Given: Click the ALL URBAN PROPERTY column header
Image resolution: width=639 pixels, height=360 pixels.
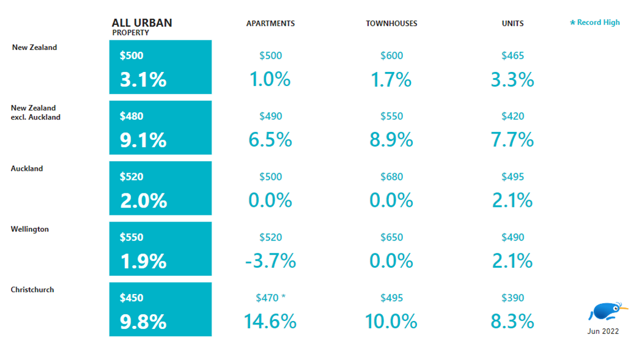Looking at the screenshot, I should click(x=141, y=26).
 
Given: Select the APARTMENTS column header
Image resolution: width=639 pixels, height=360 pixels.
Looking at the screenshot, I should click(x=270, y=24).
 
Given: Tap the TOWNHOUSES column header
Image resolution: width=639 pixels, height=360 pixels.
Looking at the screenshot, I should click(x=391, y=24).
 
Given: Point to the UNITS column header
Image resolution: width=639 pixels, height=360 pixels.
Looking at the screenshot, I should click(x=512, y=24).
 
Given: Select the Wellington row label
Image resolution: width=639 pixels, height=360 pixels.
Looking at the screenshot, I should click(x=29, y=229).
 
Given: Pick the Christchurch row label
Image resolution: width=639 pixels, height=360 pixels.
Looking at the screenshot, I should click(x=32, y=290).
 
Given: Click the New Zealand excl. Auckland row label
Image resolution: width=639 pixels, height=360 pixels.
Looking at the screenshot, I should click(x=35, y=112).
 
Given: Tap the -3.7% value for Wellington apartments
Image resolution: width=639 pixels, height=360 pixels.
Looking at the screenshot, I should click(x=270, y=261).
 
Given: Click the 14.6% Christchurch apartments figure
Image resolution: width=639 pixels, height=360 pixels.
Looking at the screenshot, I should click(x=270, y=322).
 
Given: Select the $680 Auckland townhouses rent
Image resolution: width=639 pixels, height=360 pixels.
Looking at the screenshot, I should click(x=391, y=177).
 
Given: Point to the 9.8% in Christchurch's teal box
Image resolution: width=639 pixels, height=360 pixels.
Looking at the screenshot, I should click(x=143, y=322).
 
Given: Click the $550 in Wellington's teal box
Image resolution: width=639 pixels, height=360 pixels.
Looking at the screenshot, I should click(x=132, y=237).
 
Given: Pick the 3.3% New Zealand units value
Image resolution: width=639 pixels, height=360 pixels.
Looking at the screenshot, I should click(x=512, y=80).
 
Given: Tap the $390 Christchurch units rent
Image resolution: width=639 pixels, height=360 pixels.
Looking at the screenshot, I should click(x=512, y=298).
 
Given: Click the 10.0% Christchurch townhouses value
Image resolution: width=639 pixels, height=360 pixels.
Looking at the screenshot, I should click(x=391, y=322).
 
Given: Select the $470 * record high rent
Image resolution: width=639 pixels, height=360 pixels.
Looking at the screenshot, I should click(x=271, y=298).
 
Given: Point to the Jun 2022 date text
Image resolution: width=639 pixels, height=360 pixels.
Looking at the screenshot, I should click(x=603, y=331).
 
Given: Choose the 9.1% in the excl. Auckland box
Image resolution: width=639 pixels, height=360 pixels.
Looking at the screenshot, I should click(x=143, y=140).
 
